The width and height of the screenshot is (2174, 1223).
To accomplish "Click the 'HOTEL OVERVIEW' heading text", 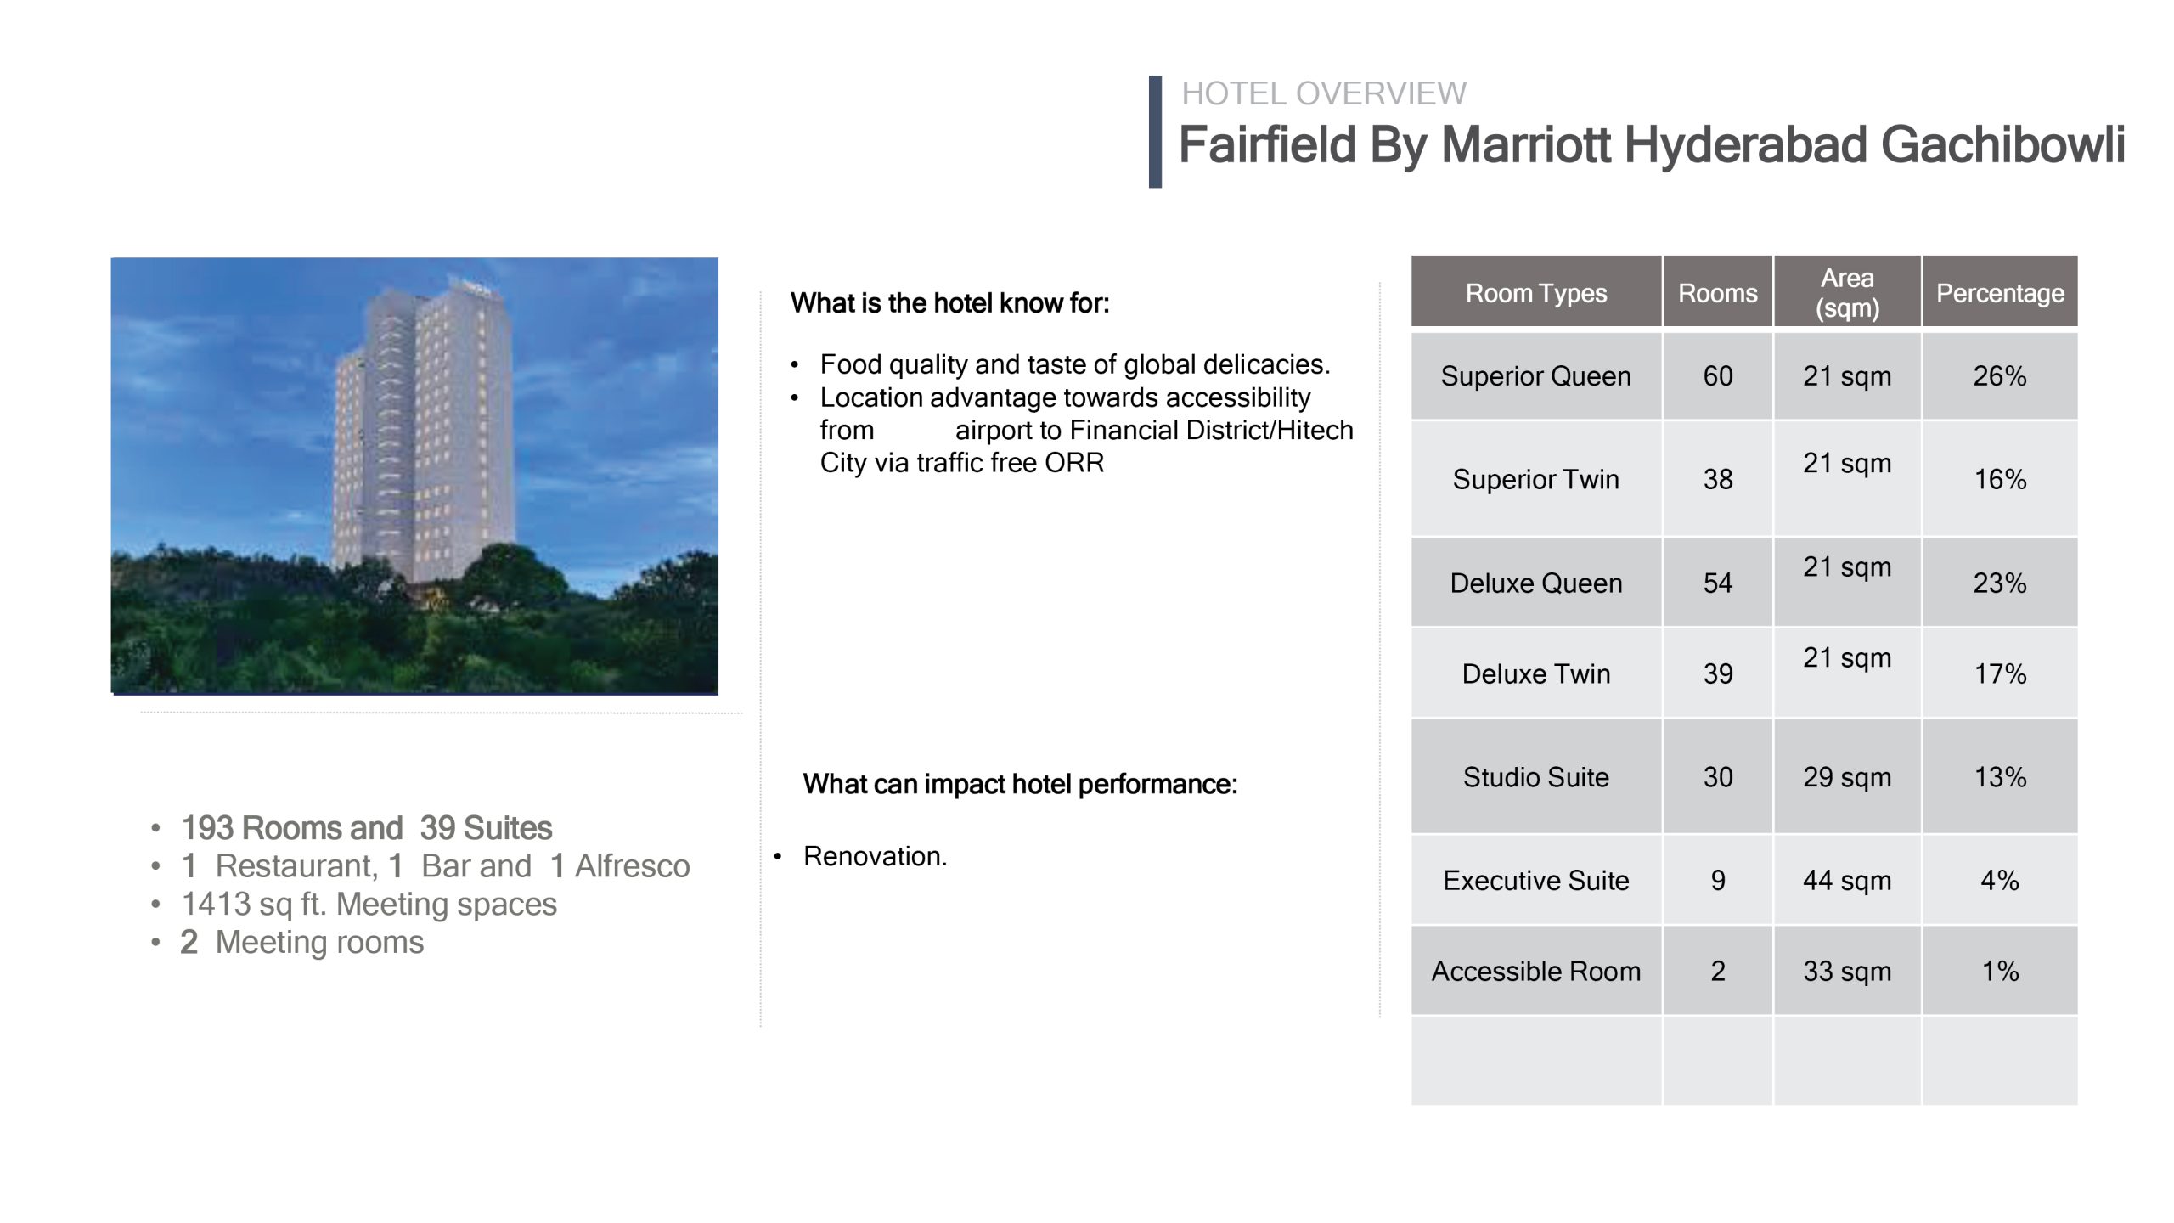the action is [1324, 93].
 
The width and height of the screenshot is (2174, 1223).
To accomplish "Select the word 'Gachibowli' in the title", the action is [2003, 144].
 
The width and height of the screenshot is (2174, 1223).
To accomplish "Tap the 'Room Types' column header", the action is [1536, 293].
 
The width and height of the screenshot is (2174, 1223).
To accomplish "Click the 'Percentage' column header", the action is [2000, 293].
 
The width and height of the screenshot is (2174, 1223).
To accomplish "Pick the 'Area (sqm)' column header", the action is [1847, 293].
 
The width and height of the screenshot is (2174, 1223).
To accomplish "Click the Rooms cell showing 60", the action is [1718, 376].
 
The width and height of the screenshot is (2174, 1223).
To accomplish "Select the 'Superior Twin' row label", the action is [1536, 479].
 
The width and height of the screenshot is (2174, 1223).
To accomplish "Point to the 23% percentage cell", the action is [2000, 583].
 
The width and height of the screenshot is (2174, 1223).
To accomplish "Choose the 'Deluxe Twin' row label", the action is [1536, 673].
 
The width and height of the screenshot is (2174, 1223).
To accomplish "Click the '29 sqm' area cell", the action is [1847, 777].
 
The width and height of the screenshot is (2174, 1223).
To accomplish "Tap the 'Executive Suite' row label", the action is [1536, 881].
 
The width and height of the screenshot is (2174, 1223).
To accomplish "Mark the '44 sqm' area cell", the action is [1847, 881].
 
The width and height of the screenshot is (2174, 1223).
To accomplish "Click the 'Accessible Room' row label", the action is [1536, 971].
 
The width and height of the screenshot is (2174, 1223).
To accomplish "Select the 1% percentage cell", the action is [2000, 971].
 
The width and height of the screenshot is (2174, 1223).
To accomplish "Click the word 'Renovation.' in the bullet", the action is [875, 856].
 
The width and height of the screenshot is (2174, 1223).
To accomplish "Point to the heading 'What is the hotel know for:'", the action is [949, 303].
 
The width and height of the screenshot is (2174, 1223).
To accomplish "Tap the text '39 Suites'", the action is [486, 828].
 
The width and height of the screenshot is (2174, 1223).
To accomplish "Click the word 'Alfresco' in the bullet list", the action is [633, 866].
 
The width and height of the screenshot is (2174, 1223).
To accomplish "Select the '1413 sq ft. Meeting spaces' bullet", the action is [369, 905].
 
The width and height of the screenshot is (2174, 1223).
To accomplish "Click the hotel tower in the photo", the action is [425, 433].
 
